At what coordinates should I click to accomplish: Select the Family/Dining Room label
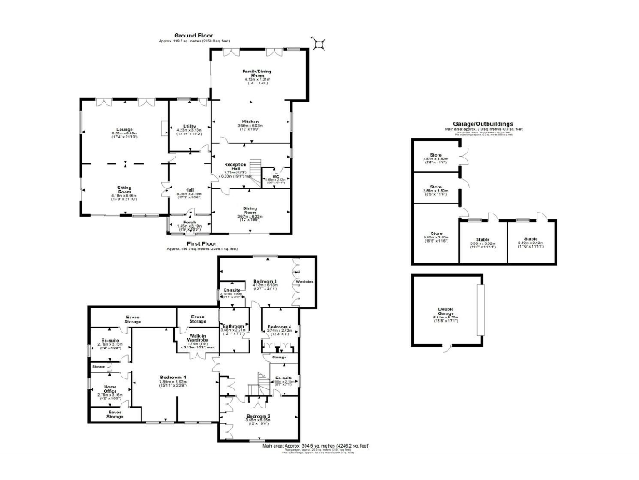point(257,75)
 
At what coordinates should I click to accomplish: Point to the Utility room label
point(189,126)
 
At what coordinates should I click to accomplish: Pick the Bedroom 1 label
point(173,377)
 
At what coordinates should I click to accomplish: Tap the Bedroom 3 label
point(265,281)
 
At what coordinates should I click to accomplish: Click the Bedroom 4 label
point(280,327)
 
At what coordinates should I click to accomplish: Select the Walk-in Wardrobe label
point(196,337)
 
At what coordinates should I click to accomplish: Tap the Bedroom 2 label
point(258,415)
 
